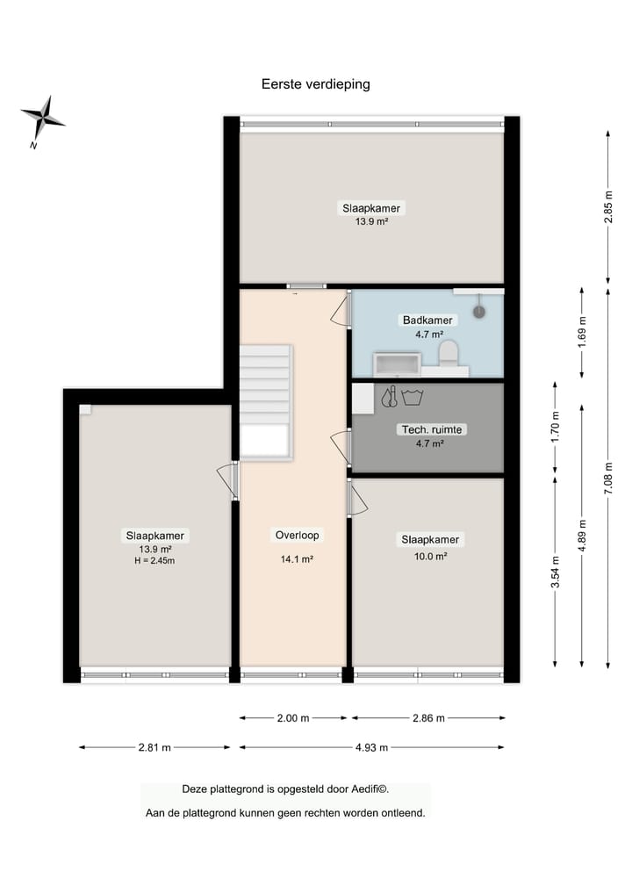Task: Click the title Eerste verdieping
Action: pos(315,84)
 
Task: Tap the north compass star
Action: pos(43,118)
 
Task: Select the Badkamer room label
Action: pos(427,320)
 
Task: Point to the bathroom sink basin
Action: pos(397,364)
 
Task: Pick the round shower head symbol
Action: pos(479,312)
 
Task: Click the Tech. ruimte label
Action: pos(432,429)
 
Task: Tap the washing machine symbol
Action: pos(413,397)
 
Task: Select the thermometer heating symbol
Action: pos(390,396)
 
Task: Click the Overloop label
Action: pos(298,535)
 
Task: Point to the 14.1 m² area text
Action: pos(297,559)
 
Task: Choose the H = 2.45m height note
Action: pos(154,560)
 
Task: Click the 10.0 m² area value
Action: pos(430,557)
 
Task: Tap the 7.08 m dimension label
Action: pos(608,478)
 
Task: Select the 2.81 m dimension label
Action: pos(154,747)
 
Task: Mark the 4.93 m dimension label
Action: pos(371,747)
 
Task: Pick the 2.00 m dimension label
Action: pos(293,718)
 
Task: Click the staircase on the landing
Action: pos(266,401)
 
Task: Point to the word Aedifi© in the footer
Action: pos(370,789)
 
